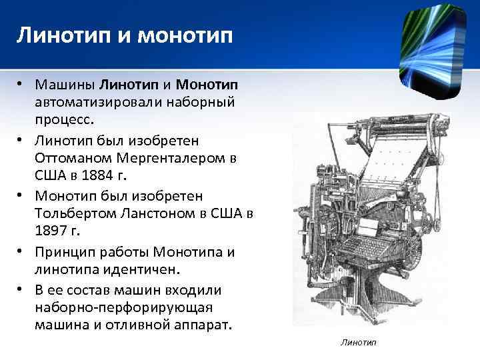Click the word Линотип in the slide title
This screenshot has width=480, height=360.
tap(61, 36)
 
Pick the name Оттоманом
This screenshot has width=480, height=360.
tap(75, 160)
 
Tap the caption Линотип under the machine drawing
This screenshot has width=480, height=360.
tap(358, 342)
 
